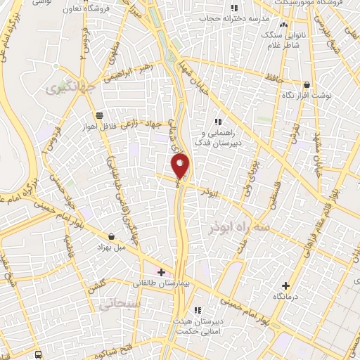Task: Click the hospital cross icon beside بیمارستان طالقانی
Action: [x=162, y=271]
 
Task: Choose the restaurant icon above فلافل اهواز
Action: [x=98, y=116]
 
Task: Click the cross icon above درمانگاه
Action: [x=285, y=285]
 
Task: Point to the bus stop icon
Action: [x=39, y=354]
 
